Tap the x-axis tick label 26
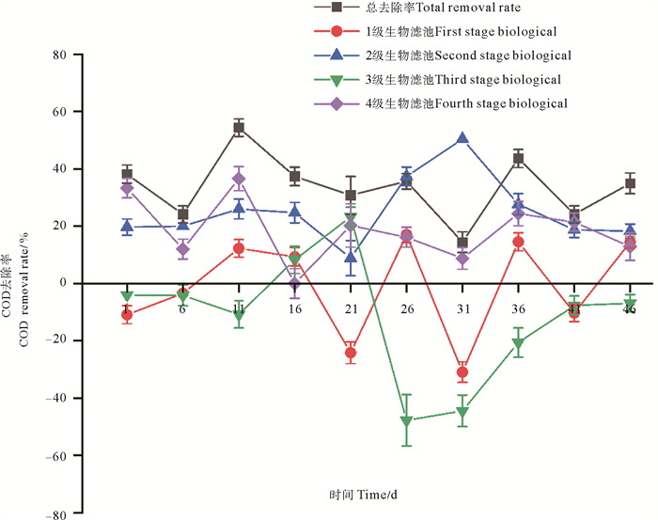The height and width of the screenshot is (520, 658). click(406, 309)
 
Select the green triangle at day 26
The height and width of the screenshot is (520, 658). click(406, 421)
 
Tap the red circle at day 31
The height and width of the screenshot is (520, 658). click(462, 373)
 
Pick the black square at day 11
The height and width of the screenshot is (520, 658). click(239, 128)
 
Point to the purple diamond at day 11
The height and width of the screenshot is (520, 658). click(239, 179)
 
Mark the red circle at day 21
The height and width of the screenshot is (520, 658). click(351, 354)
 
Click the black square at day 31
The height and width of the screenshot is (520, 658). click(462, 243)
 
